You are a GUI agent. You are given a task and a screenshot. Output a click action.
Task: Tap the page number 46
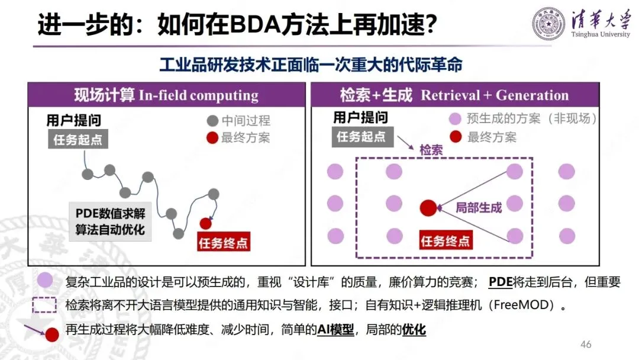586,345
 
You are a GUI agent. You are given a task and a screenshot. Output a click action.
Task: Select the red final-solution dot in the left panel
205,223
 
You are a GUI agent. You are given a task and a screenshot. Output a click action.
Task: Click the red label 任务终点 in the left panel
222,243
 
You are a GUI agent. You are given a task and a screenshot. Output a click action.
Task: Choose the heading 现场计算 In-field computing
166,96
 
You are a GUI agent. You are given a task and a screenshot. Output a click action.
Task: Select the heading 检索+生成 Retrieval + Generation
454,96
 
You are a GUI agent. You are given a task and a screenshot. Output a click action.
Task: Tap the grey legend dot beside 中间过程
212,121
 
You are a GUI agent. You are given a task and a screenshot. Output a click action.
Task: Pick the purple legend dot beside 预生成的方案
456,118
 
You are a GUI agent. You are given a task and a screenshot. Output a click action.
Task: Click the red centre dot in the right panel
428,208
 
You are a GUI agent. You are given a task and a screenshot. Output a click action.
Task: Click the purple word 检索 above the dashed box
431,150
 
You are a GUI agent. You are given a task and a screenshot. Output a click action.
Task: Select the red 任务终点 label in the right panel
445,241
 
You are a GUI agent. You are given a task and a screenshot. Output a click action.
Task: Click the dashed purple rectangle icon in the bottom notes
44,306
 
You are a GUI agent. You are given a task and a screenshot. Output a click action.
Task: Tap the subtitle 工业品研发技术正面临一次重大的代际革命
311,64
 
